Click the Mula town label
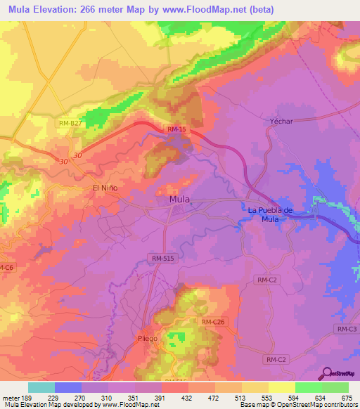[179, 200]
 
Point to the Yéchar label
[281, 121]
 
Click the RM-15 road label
[176, 129]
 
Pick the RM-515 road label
[162, 259]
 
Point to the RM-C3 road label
[347, 329]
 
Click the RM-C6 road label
[6, 268]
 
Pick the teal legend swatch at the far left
[41, 387]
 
